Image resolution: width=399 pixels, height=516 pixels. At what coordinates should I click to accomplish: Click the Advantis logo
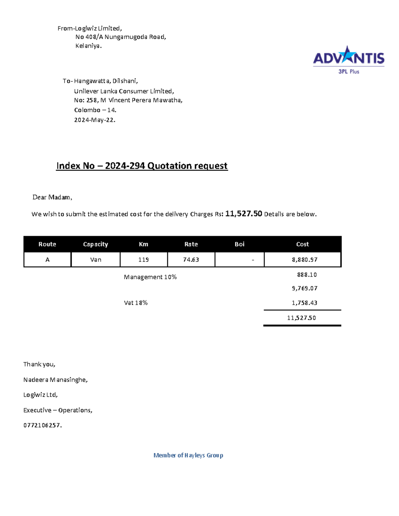(x=348, y=59)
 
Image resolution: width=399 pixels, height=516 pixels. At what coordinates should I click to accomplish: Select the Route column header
(x=47, y=244)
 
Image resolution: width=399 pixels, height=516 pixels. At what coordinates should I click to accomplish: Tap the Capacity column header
(x=95, y=244)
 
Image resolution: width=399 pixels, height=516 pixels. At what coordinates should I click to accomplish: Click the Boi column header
(x=239, y=244)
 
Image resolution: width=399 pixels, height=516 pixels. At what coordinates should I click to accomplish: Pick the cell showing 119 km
(x=143, y=259)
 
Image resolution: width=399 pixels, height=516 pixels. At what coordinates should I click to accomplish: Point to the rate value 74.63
(x=191, y=259)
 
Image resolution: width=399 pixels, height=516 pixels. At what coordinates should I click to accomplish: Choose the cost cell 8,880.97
(x=305, y=259)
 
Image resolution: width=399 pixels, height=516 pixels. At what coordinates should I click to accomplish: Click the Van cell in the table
(x=96, y=259)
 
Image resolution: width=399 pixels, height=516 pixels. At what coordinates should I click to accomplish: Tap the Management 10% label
(x=150, y=277)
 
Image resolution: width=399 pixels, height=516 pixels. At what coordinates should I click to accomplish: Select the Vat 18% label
(x=136, y=303)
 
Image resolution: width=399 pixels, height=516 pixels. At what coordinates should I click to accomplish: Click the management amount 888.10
(x=307, y=275)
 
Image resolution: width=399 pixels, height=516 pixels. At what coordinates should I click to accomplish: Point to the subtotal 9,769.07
(x=305, y=288)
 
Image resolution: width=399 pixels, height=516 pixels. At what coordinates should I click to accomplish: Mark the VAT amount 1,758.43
(x=305, y=303)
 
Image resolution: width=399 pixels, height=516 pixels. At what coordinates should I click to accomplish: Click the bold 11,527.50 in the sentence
(x=244, y=214)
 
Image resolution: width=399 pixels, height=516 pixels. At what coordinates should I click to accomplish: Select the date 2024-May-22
(x=94, y=120)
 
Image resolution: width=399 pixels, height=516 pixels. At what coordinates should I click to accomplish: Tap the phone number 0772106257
(x=42, y=425)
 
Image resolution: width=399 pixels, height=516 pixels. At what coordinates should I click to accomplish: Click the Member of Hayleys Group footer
(x=188, y=455)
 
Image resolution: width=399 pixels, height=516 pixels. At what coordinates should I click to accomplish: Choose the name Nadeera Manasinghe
(x=55, y=379)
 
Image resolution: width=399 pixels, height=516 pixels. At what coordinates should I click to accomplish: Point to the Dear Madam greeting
(x=52, y=197)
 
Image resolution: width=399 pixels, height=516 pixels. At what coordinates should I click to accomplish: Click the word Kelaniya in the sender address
(x=88, y=46)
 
